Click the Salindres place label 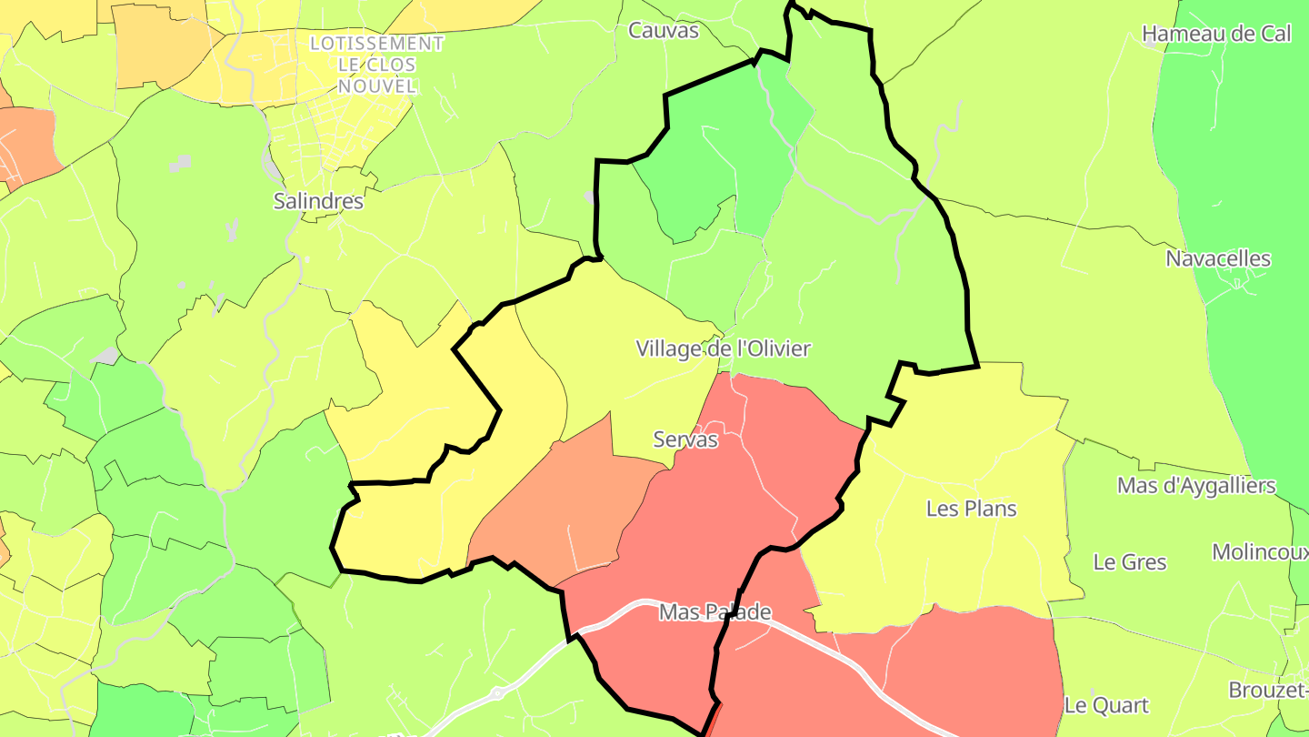[318, 201]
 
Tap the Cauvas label [664, 31]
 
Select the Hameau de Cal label [1216, 35]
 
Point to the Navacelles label [1218, 258]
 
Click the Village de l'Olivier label [723, 348]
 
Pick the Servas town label [685, 439]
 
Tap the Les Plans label [971, 509]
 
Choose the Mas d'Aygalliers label [1196, 486]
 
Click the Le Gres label [1130, 562]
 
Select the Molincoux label [1260, 552]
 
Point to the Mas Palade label [715, 612]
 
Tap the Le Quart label [1106, 705]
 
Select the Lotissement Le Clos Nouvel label [376, 65]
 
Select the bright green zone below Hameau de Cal [1245, 164]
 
